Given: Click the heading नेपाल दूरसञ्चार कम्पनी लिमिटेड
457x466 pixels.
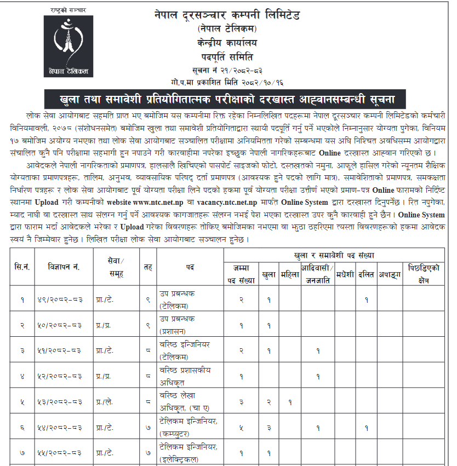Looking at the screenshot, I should pyautogui.click(x=227, y=15).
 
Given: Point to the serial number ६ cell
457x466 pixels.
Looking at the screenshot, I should pyautogui.click(x=23, y=428).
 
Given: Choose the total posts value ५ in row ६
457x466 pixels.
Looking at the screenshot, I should pyautogui.click(x=242, y=428).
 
